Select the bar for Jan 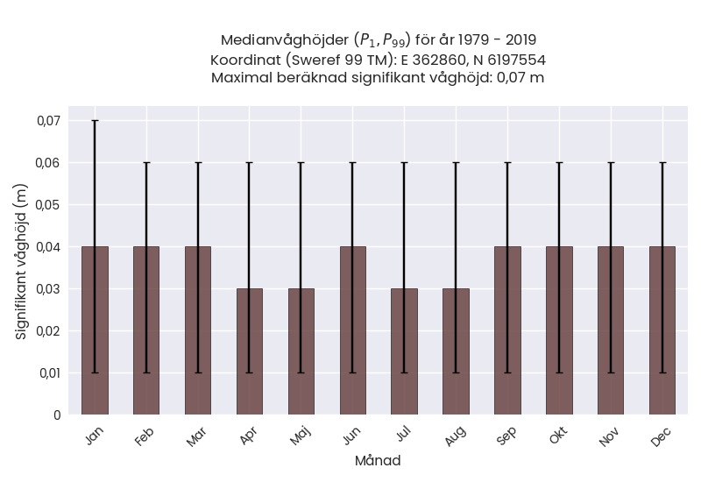pos(95,330)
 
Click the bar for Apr pos(250,351)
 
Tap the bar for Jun pos(353,330)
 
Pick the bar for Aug pos(456,351)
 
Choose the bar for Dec pos(662,330)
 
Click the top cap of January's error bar pos(95,121)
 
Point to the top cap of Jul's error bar pos(405,163)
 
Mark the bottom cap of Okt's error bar pos(559,372)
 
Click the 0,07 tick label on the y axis pos(49,121)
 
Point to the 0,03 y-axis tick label pos(49,289)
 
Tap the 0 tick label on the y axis pos(57,415)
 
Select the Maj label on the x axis pos(300,436)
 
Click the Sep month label pos(506,436)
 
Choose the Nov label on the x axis pos(610,436)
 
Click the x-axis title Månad pos(378,461)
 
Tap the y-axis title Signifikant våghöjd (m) pos(21,261)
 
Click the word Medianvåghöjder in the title pos(285,40)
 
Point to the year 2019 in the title pos(520,39)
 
